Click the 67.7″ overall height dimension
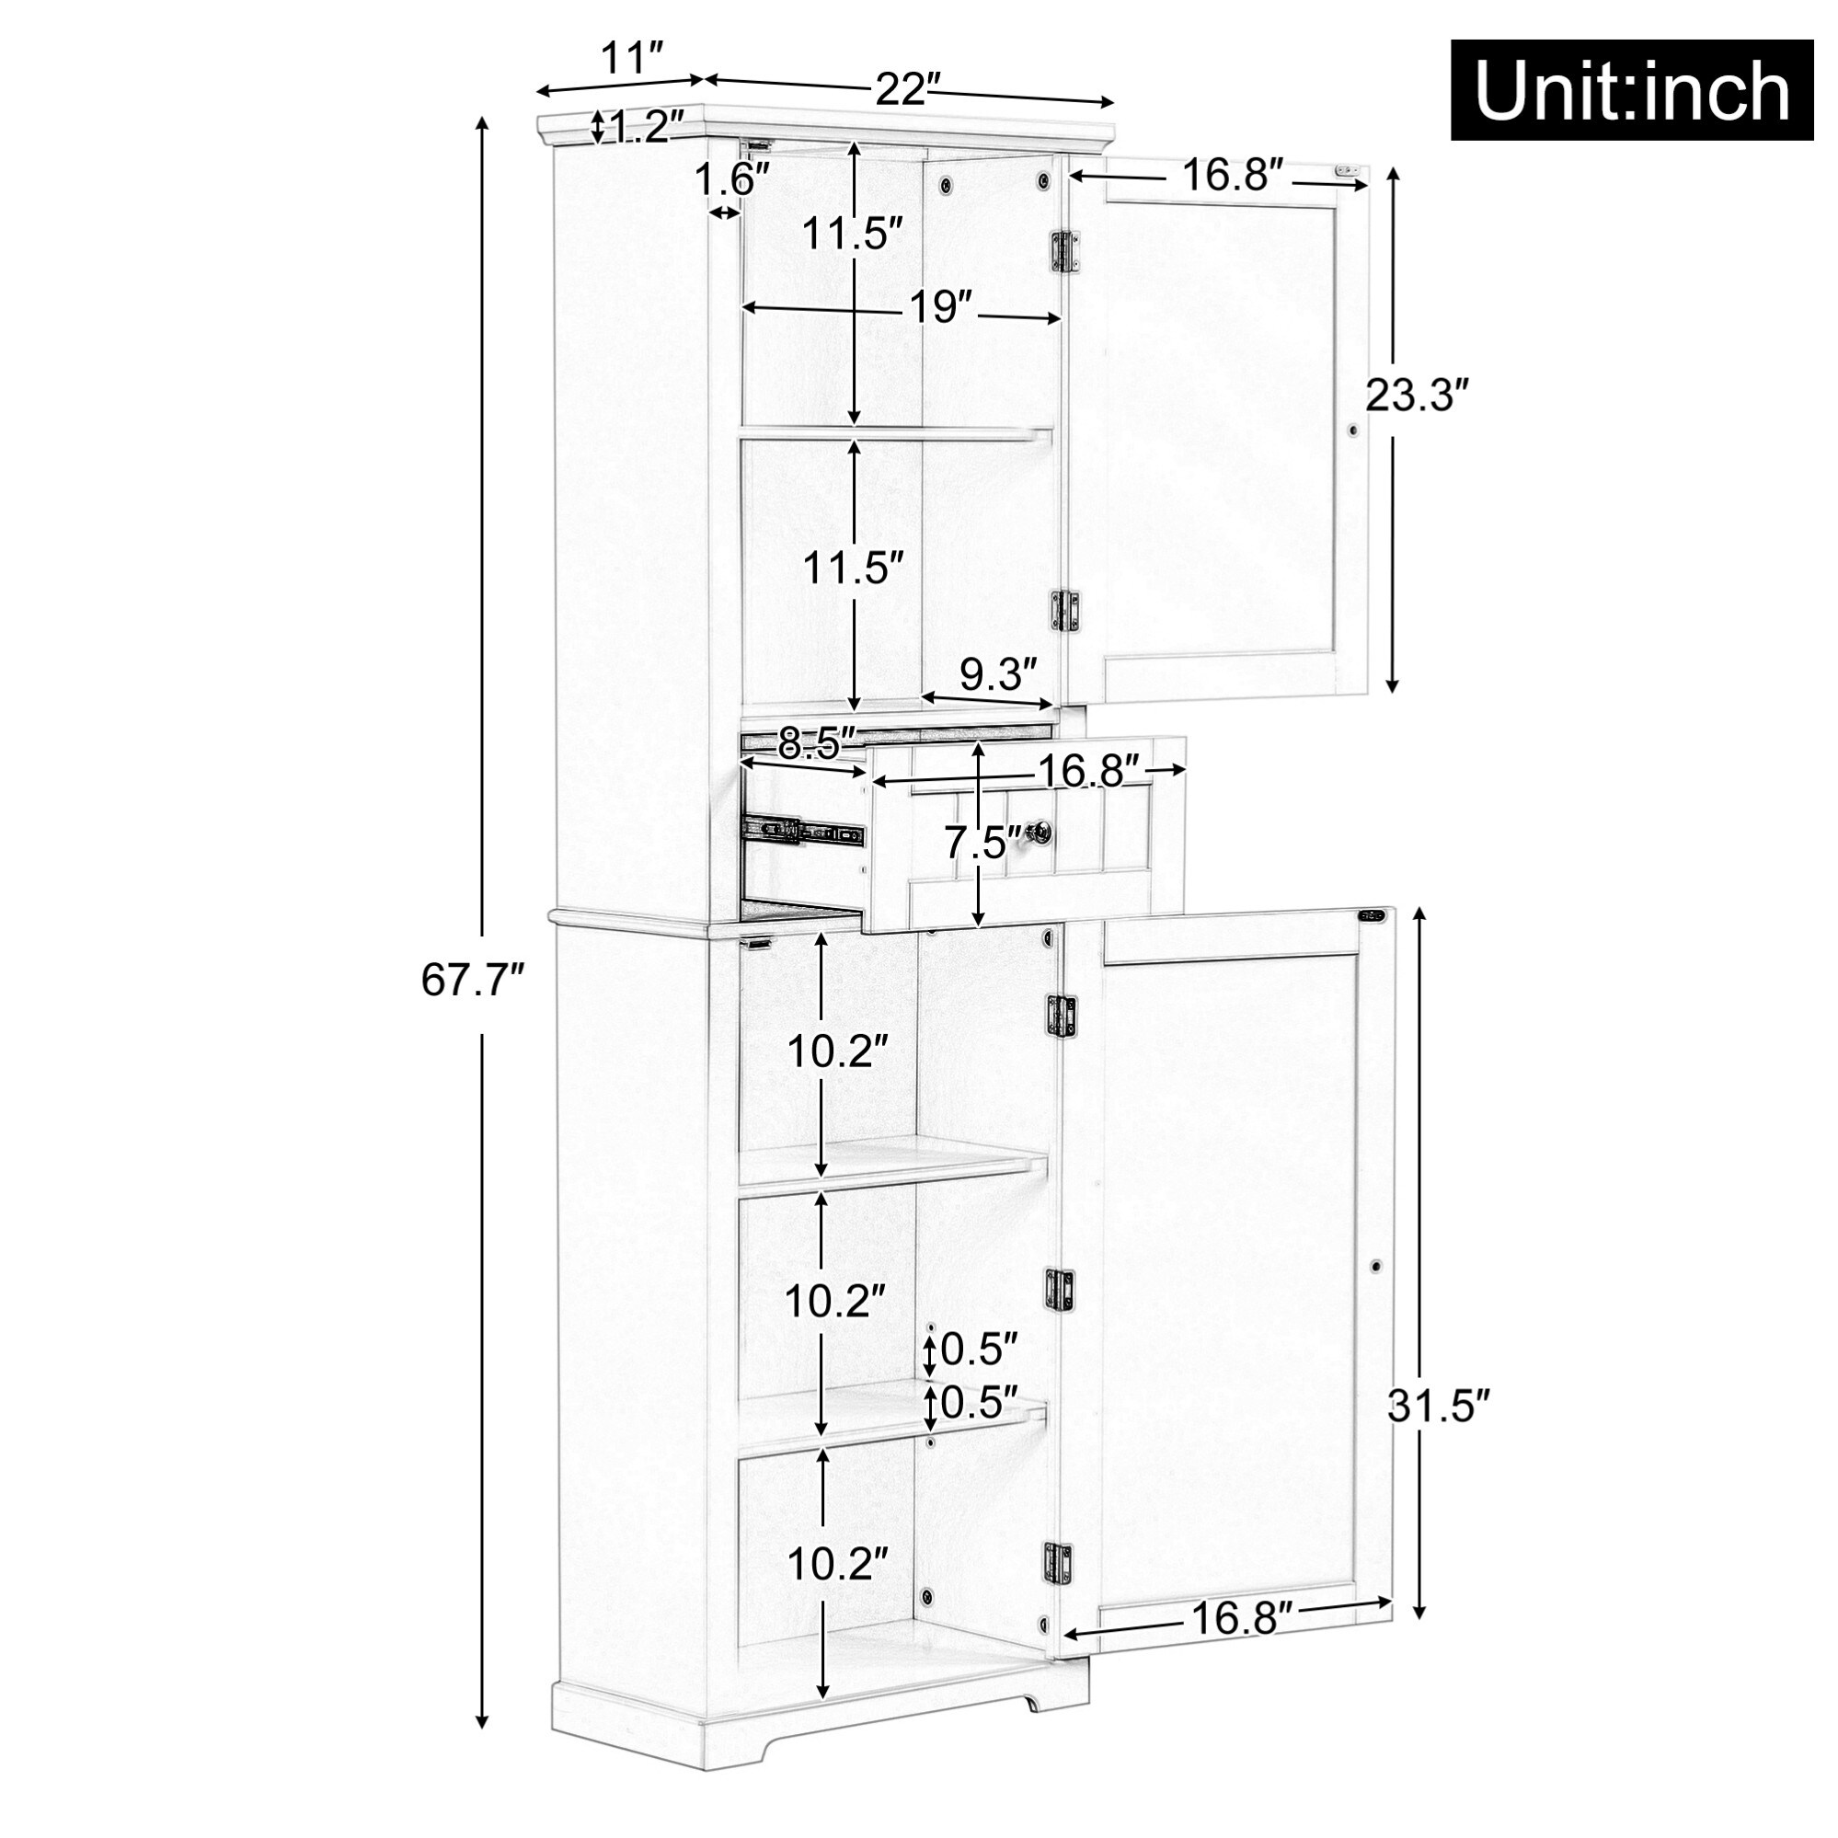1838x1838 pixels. point(473,980)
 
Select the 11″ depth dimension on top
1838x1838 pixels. point(631,59)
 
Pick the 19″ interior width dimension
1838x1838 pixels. point(940,307)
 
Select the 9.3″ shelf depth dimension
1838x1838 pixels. point(997,675)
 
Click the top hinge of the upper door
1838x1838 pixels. point(1065,252)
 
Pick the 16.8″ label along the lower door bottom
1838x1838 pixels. point(1242,1618)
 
